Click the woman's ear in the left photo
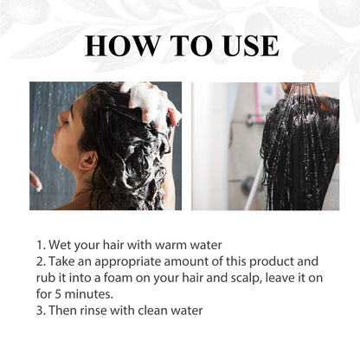[87, 161]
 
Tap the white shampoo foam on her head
[150, 102]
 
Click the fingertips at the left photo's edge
[35, 180]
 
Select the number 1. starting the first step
[41, 246]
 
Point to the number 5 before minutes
[58, 294]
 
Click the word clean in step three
[152, 311]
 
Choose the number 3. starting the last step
[41, 311]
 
